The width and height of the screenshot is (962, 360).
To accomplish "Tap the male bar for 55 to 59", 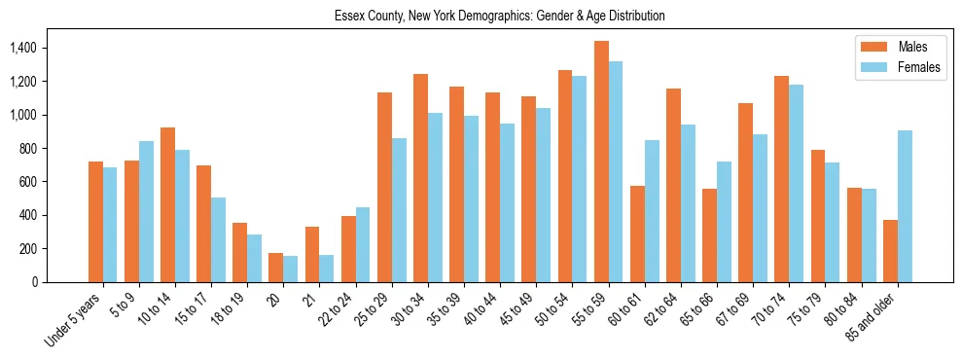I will pos(601,162).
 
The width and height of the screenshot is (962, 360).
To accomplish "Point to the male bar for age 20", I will pos(276,268).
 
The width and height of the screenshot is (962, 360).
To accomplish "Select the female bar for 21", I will pos(327,269).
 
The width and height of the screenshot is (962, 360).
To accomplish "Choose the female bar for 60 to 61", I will pos(652,211).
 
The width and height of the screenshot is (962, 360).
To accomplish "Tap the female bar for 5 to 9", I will pos(146,211).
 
